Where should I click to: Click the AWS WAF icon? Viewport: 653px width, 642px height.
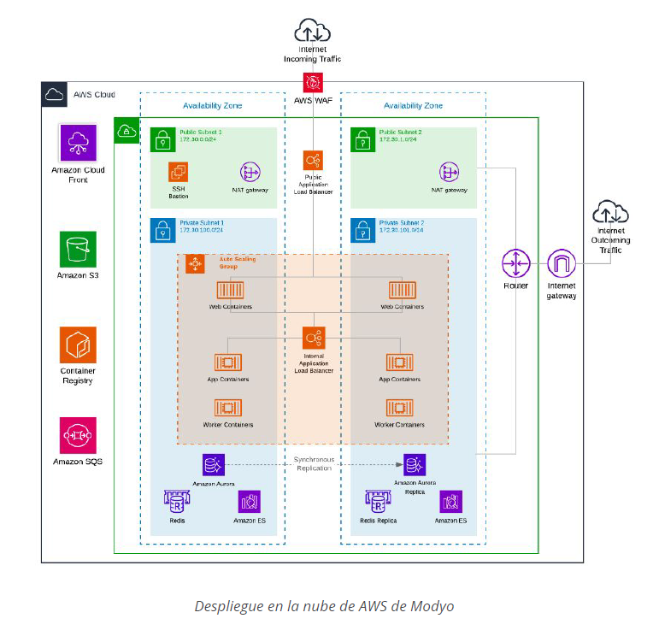click(x=313, y=83)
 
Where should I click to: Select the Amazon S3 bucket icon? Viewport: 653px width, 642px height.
click(x=78, y=249)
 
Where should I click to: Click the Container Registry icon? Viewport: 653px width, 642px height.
click(x=78, y=345)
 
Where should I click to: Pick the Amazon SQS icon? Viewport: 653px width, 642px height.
click(x=78, y=435)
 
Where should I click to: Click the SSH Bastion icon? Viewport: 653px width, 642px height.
click(x=178, y=172)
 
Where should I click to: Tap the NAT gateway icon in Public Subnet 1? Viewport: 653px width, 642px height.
click(x=250, y=172)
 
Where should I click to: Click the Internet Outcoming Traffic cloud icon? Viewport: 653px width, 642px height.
click(x=609, y=210)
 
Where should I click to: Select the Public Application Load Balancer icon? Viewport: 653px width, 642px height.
click(x=313, y=160)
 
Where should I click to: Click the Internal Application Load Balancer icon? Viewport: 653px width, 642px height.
click(x=313, y=336)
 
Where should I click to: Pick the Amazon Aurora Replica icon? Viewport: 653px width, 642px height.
click(x=415, y=464)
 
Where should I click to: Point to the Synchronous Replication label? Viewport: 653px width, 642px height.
click(x=313, y=463)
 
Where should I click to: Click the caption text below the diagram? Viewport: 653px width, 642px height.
click(x=324, y=606)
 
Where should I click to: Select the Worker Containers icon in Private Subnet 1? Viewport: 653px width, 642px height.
click(x=227, y=408)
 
